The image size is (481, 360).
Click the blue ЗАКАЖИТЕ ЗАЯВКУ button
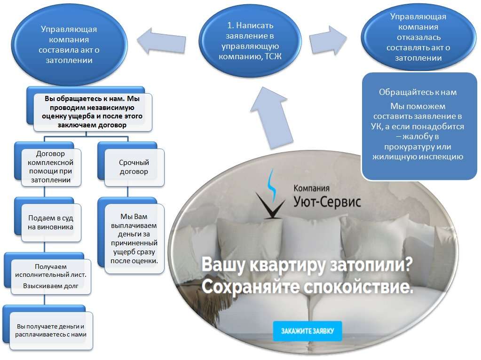(x=308, y=331)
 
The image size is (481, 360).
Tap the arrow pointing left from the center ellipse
(x=161, y=41)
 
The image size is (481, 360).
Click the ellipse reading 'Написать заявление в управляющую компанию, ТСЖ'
(x=250, y=41)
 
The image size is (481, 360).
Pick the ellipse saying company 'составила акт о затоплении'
(x=69, y=45)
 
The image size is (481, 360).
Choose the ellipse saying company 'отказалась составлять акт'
(x=418, y=37)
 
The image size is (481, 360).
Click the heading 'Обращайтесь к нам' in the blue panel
(x=418, y=92)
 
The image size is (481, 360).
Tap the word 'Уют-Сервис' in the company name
(x=327, y=202)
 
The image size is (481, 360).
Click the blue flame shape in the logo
(x=271, y=184)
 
